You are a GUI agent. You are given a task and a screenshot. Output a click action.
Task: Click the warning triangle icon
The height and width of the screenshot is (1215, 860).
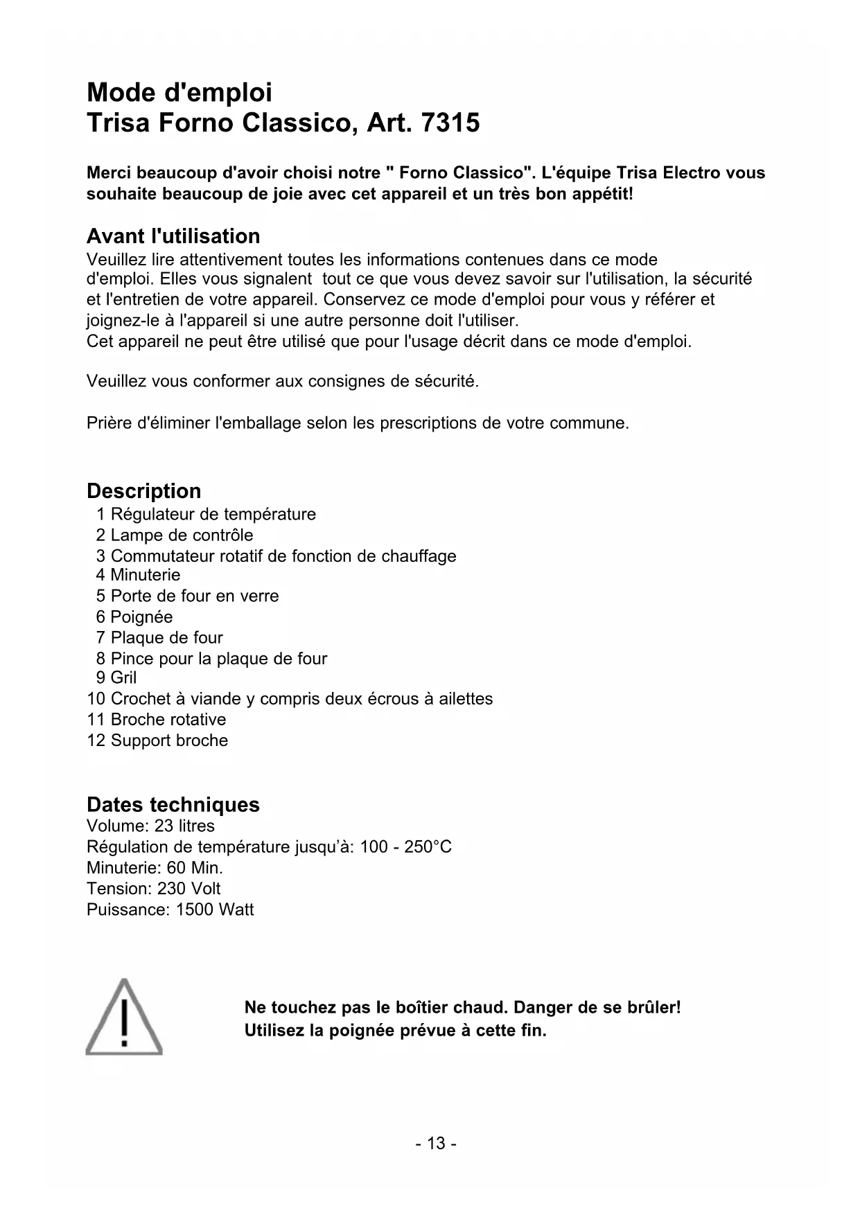pyautogui.click(x=124, y=1017)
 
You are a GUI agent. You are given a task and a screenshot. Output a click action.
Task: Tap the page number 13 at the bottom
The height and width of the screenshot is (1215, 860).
pyautogui.click(x=436, y=1143)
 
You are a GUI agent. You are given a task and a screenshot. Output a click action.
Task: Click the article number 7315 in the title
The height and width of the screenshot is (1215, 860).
pyautogui.click(x=450, y=123)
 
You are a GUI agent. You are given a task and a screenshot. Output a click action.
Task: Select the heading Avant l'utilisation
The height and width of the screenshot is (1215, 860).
pyautogui.click(x=173, y=236)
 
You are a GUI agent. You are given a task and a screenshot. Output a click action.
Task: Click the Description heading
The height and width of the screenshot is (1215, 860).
pyautogui.click(x=144, y=491)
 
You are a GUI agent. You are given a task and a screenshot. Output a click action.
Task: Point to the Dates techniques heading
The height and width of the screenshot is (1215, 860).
pyautogui.click(x=173, y=805)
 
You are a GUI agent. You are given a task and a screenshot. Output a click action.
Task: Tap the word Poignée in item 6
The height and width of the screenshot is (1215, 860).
pyautogui.click(x=141, y=617)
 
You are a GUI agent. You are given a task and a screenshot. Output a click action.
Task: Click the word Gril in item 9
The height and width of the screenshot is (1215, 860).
pyautogui.click(x=123, y=677)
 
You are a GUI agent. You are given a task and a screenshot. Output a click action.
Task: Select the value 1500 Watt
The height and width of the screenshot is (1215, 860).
pyautogui.click(x=215, y=910)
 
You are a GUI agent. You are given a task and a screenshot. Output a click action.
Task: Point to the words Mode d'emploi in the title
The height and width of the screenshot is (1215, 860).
pyautogui.click(x=179, y=92)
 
